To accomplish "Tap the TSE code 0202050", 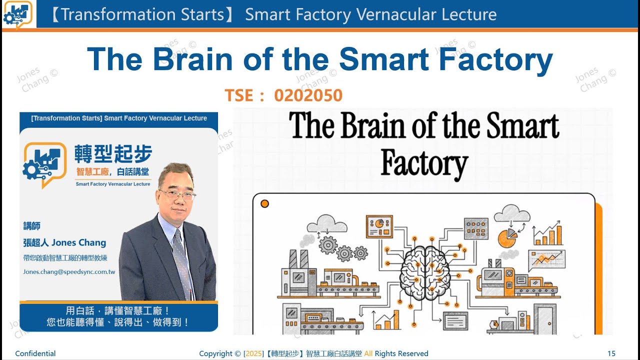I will (308, 95).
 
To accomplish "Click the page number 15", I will (611, 353).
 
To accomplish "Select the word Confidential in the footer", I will (35, 353).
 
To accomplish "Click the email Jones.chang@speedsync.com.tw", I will (69, 272).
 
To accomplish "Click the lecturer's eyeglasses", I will (178, 193).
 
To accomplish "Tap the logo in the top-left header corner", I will (17, 14).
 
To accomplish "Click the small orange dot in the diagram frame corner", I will (265, 203).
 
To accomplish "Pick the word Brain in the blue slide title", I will (193, 59).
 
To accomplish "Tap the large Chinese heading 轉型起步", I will (113, 154).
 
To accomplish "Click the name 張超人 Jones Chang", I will (64, 242).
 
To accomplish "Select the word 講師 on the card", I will (31, 226).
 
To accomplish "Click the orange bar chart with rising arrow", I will (548, 234).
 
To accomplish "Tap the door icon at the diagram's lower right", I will (544, 318).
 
